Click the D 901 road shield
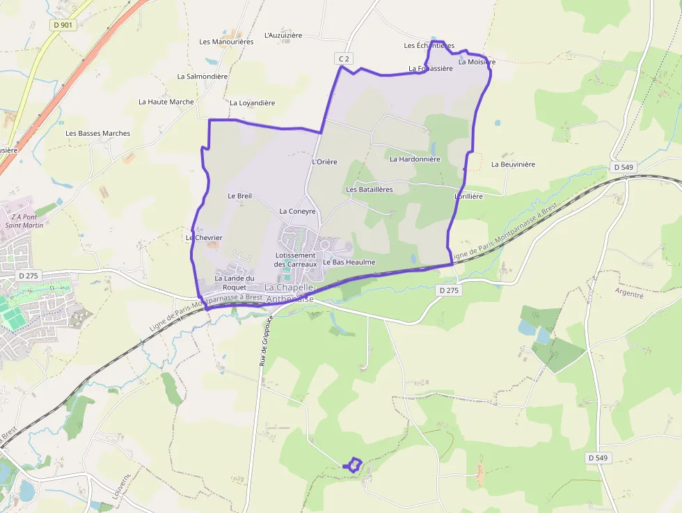(63, 25)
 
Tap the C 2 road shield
(343, 59)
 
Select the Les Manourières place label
(226, 42)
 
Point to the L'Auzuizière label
(283, 35)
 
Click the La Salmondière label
(203, 77)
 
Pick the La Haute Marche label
(166, 102)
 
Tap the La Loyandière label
(252, 103)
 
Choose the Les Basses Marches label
(98, 134)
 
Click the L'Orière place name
(324, 162)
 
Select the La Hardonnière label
(415, 159)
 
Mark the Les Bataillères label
(370, 189)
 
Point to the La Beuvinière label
(513, 165)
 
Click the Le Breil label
(239, 196)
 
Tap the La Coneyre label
(297, 211)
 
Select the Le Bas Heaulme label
(349, 262)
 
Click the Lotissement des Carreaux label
(295, 260)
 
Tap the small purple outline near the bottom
(354, 464)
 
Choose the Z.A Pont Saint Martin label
(24, 221)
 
